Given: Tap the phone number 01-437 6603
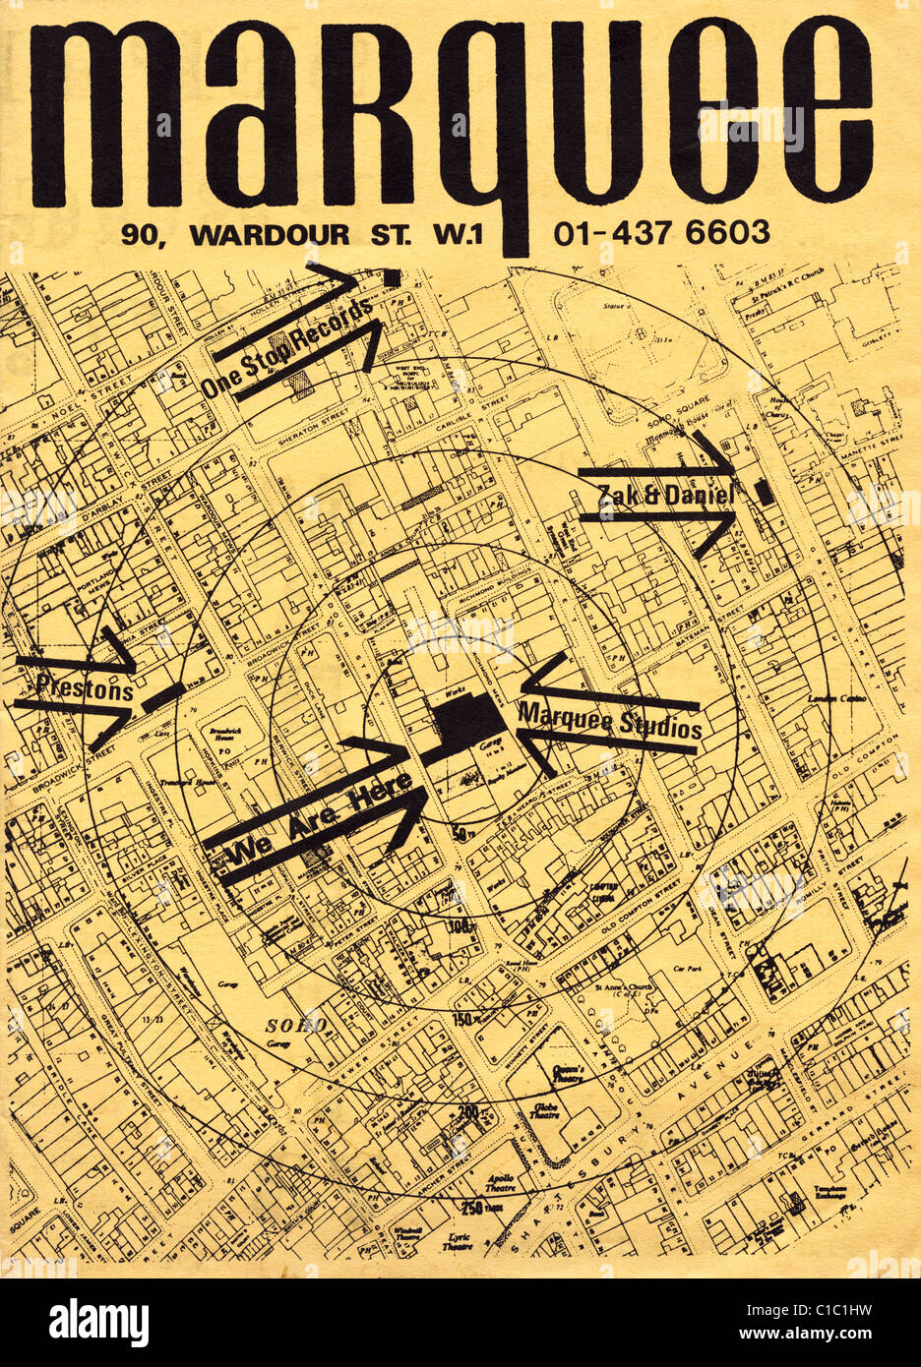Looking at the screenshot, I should coord(661,233).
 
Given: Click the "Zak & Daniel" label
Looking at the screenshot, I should coord(667,496).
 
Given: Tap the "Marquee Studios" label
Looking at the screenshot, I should coord(610,721).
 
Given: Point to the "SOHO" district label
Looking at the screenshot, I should coord(295,1025).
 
